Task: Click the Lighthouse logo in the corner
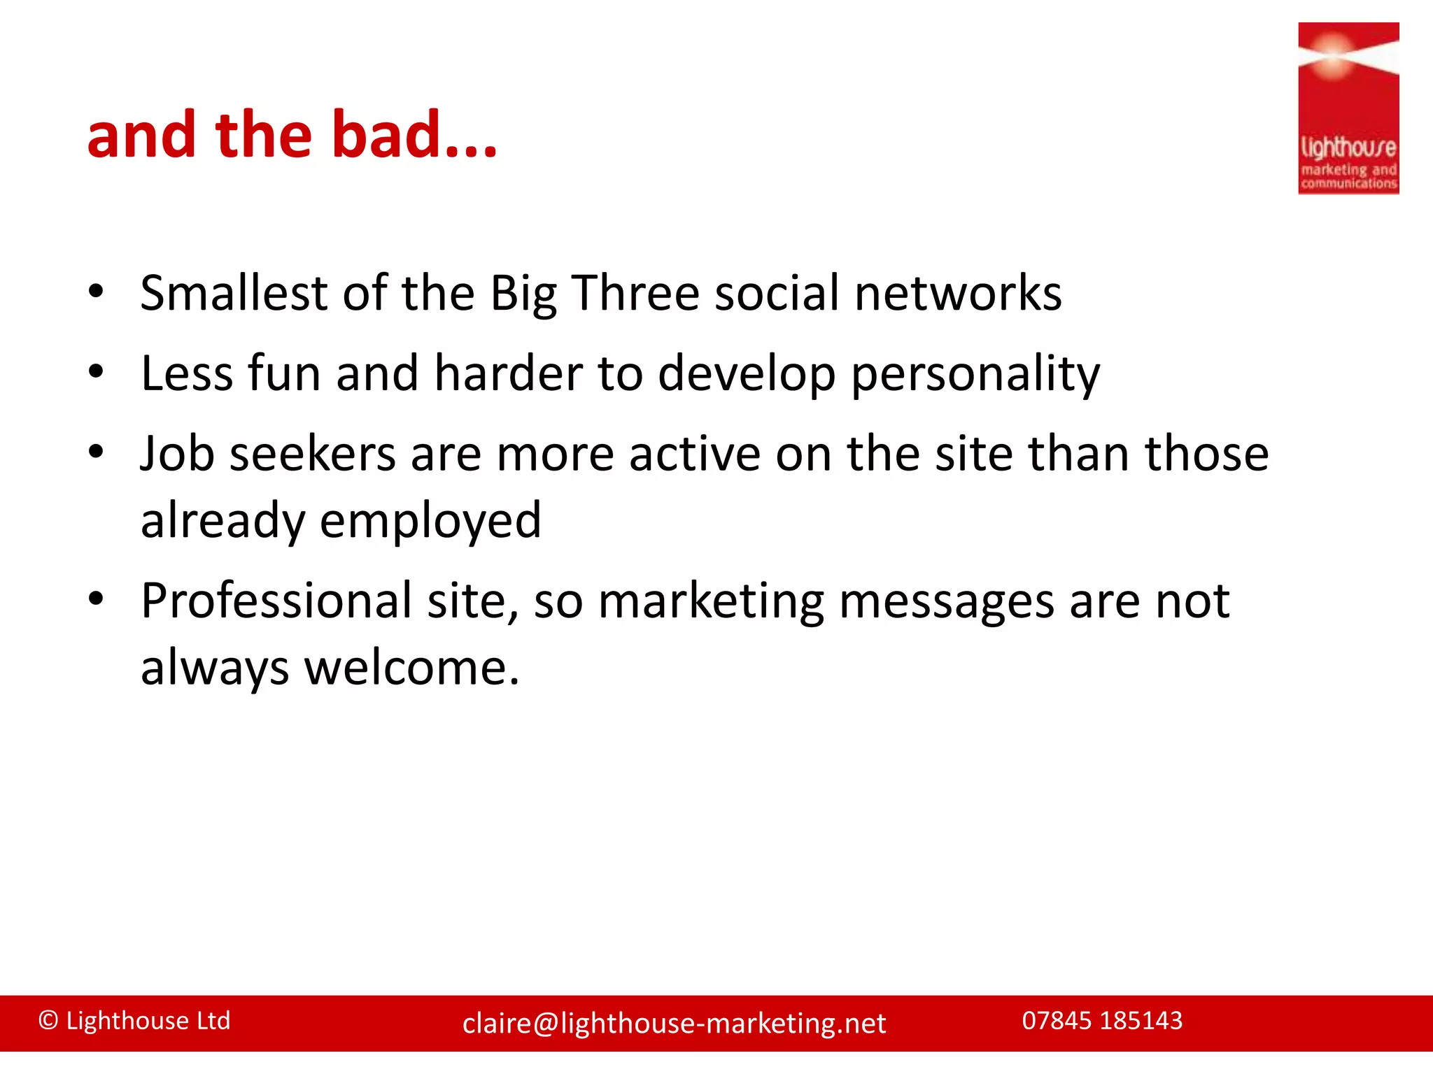coord(1348,108)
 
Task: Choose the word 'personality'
coord(975,374)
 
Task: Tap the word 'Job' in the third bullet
coord(177,454)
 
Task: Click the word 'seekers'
coord(312,454)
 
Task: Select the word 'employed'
coord(430,521)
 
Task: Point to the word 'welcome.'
coord(412,667)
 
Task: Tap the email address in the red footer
coord(674,1023)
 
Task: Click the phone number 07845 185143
coord(1102,1020)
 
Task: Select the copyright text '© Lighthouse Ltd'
coord(134,1020)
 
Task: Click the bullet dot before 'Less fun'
coord(97,371)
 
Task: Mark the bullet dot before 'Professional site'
coord(97,599)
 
